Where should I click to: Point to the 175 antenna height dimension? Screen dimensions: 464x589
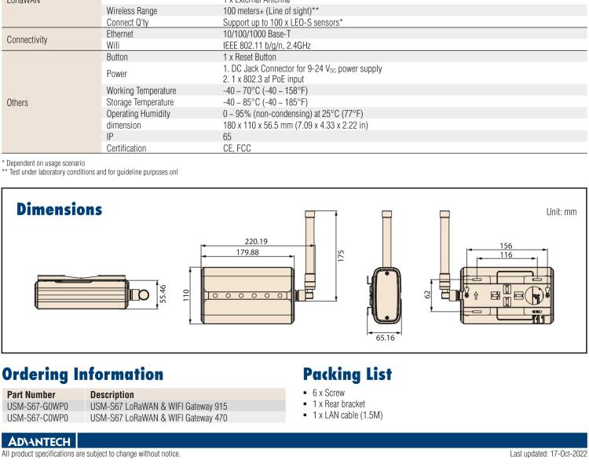(x=342, y=257)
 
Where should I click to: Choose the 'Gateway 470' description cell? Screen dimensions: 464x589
(x=159, y=418)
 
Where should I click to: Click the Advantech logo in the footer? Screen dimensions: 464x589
(x=38, y=441)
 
